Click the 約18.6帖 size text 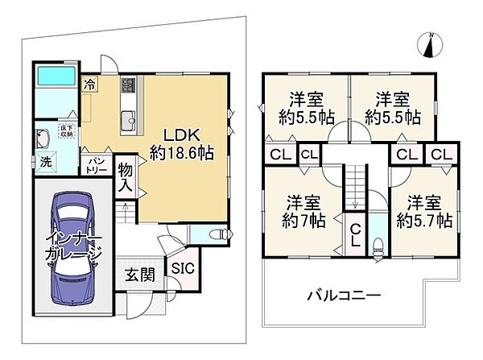[x=182, y=151]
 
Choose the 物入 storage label [x=126, y=176]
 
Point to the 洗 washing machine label [x=46, y=162]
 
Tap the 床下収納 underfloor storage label [x=67, y=130]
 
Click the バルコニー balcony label [x=342, y=296]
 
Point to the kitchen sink [x=127, y=122]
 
